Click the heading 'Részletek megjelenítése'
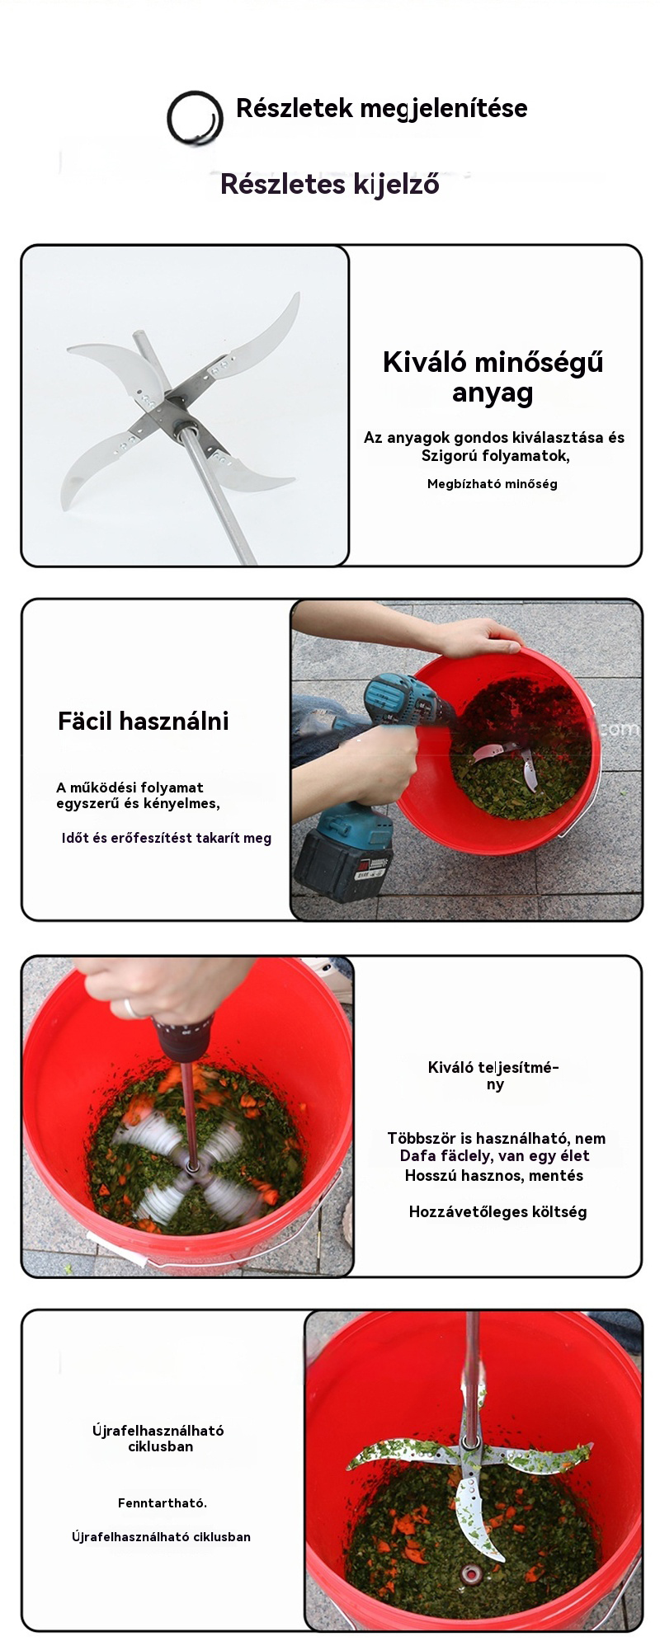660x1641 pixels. click(381, 108)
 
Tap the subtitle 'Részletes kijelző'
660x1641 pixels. click(329, 184)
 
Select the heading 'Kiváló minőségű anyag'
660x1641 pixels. click(493, 377)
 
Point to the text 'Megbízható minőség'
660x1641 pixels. click(493, 484)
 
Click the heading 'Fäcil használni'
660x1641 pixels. click(144, 722)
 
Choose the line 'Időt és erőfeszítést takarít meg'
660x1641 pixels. click(167, 839)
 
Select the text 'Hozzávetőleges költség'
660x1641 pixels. click(498, 1211)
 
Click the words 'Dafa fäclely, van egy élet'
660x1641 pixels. click(495, 1156)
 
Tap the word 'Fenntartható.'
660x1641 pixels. click(163, 1502)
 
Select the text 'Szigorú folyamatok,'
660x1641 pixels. click(496, 456)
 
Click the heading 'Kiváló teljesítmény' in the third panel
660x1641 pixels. click(494, 1075)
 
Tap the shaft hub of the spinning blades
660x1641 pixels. click(192, 1167)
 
